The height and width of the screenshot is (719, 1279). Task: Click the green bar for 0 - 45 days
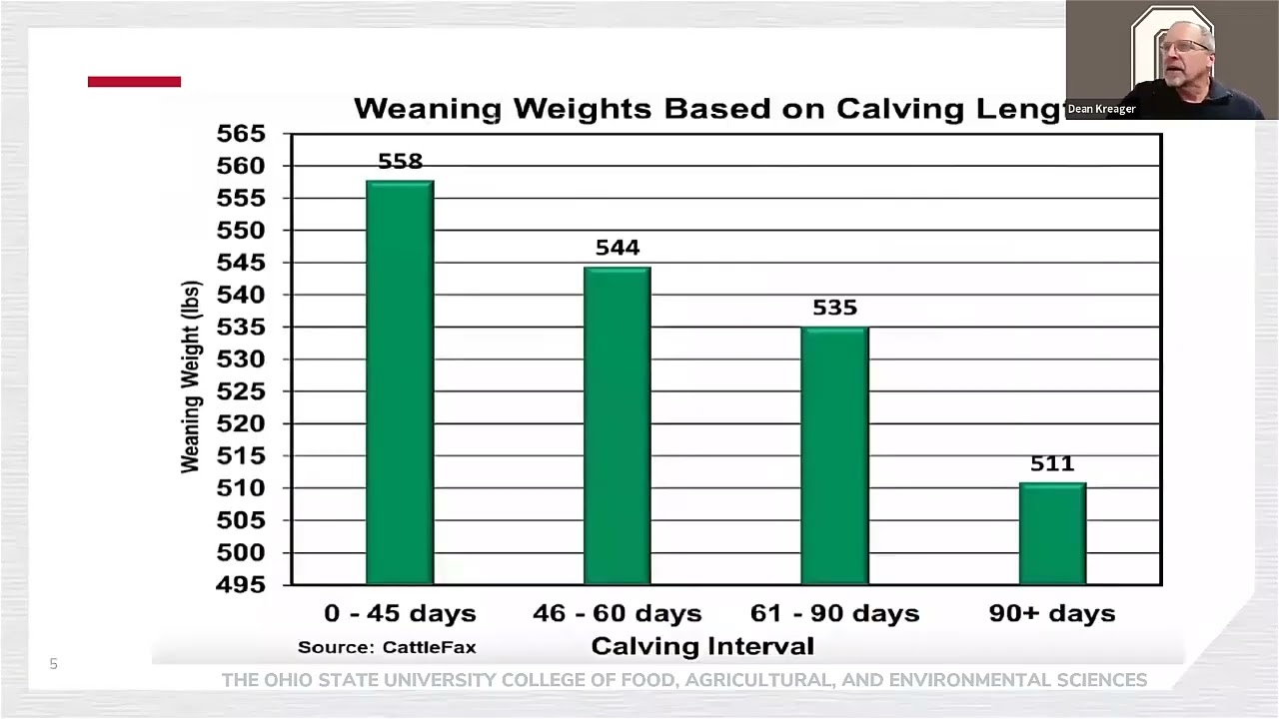pyautogui.click(x=400, y=382)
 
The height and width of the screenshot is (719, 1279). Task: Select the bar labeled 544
pyautogui.click(x=618, y=425)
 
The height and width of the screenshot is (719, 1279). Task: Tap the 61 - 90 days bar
pyautogui.click(x=834, y=455)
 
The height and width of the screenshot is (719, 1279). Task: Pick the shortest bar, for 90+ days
pyautogui.click(x=1052, y=533)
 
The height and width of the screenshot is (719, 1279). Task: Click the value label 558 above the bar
pyautogui.click(x=401, y=162)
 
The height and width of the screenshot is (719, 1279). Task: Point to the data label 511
pyautogui.click(x=1052, y=463)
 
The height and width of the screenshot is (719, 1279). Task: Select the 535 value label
pyautogui.click(x=834, y=308)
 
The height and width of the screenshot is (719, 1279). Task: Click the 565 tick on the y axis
pyautogui.click(x=241, y=134)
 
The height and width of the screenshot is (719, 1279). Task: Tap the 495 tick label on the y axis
pyautogui.click(x=241, y=584)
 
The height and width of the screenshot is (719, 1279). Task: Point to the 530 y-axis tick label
pyautogui.click(x=241, y=359)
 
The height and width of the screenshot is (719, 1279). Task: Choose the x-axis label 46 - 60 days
pyautogui.click(x=618, y=613)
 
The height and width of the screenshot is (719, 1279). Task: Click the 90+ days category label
pyautogui.click(x=1052, y=613)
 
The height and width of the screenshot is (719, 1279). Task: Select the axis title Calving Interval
pyautogui.click(x=702, y=646)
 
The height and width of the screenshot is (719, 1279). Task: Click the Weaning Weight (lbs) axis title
pyautogui.click(x=191, y=376)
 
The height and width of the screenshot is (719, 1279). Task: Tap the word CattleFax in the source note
pyautogui.click(x=430, y=647)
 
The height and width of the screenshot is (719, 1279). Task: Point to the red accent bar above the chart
pyautogui.click(x=134, y=82)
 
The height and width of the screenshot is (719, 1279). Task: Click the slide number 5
pyautogui.click(x=54, y=664)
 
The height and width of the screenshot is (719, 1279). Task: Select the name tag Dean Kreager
pyautogui.click(x=1101, y=109)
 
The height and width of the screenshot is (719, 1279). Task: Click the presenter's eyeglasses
pyautogui.click(x=1186, y=46)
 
